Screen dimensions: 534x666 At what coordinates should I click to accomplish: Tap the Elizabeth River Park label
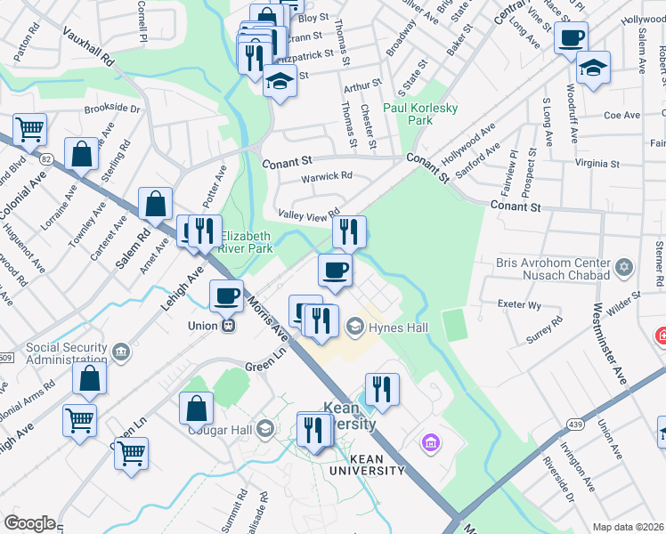click(259, 243)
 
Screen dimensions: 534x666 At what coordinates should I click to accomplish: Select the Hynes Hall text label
click(399, 328)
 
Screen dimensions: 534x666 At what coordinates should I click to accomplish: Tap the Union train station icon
click(228, 326)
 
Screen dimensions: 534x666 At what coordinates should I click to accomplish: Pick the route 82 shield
click(46, 158)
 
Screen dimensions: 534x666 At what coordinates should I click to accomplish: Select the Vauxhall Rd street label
click(88, 44)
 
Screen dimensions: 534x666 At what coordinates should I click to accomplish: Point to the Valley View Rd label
click(309, 214)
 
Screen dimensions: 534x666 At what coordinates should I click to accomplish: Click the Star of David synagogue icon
click(624, 265)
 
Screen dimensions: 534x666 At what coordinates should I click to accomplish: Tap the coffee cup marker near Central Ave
click(571, 38)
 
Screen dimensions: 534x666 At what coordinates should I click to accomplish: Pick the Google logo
click(29, 522)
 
